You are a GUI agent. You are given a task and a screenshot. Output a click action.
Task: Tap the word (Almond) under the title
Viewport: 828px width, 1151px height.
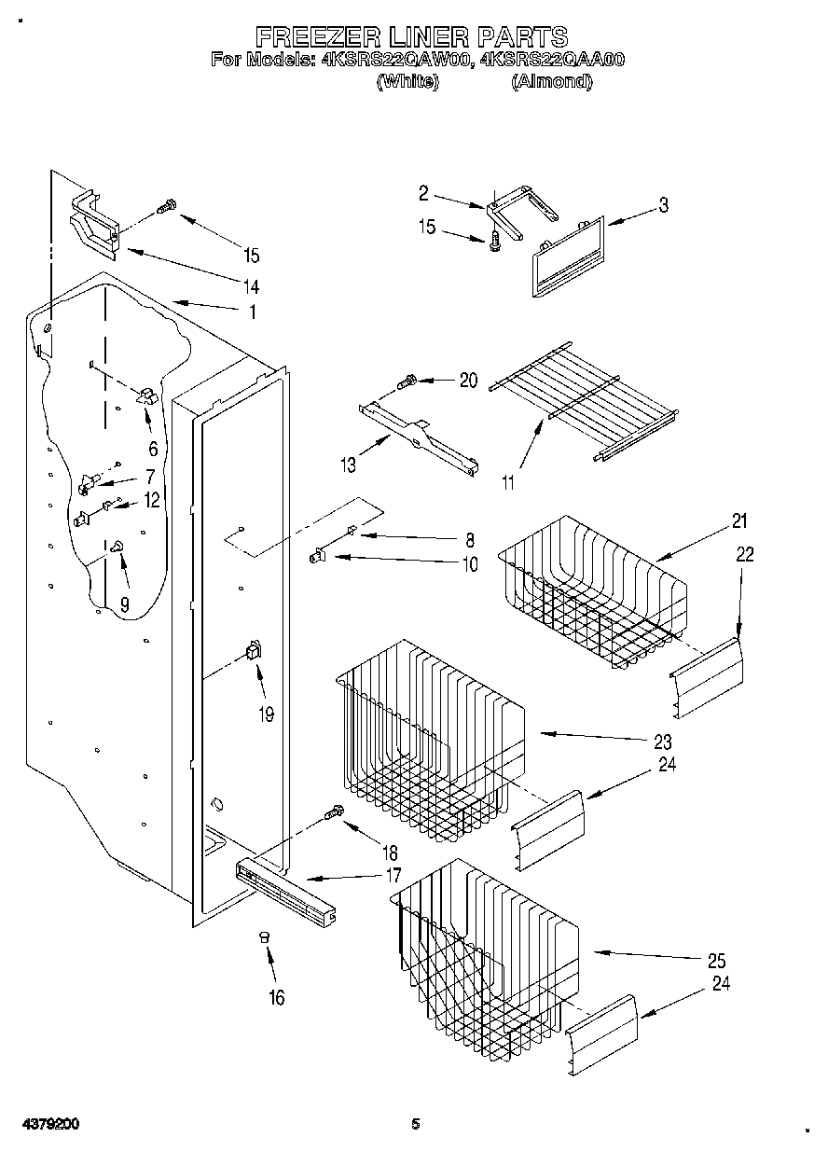(x=551, y=81)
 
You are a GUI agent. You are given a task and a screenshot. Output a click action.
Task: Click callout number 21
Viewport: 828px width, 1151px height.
(x=739, y=520)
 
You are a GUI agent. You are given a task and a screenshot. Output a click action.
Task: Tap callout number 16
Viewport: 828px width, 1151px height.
(x=276, y=997)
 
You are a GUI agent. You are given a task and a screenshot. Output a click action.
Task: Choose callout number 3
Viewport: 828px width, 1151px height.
(x=663, y=206)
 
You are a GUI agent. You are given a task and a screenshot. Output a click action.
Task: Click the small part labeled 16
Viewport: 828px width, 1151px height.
(x=264, y=936)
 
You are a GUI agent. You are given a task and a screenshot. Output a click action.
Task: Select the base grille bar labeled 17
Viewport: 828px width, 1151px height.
(x=284, y=891)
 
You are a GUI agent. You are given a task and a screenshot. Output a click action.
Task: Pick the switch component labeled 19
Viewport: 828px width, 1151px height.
(x=252, y=651)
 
